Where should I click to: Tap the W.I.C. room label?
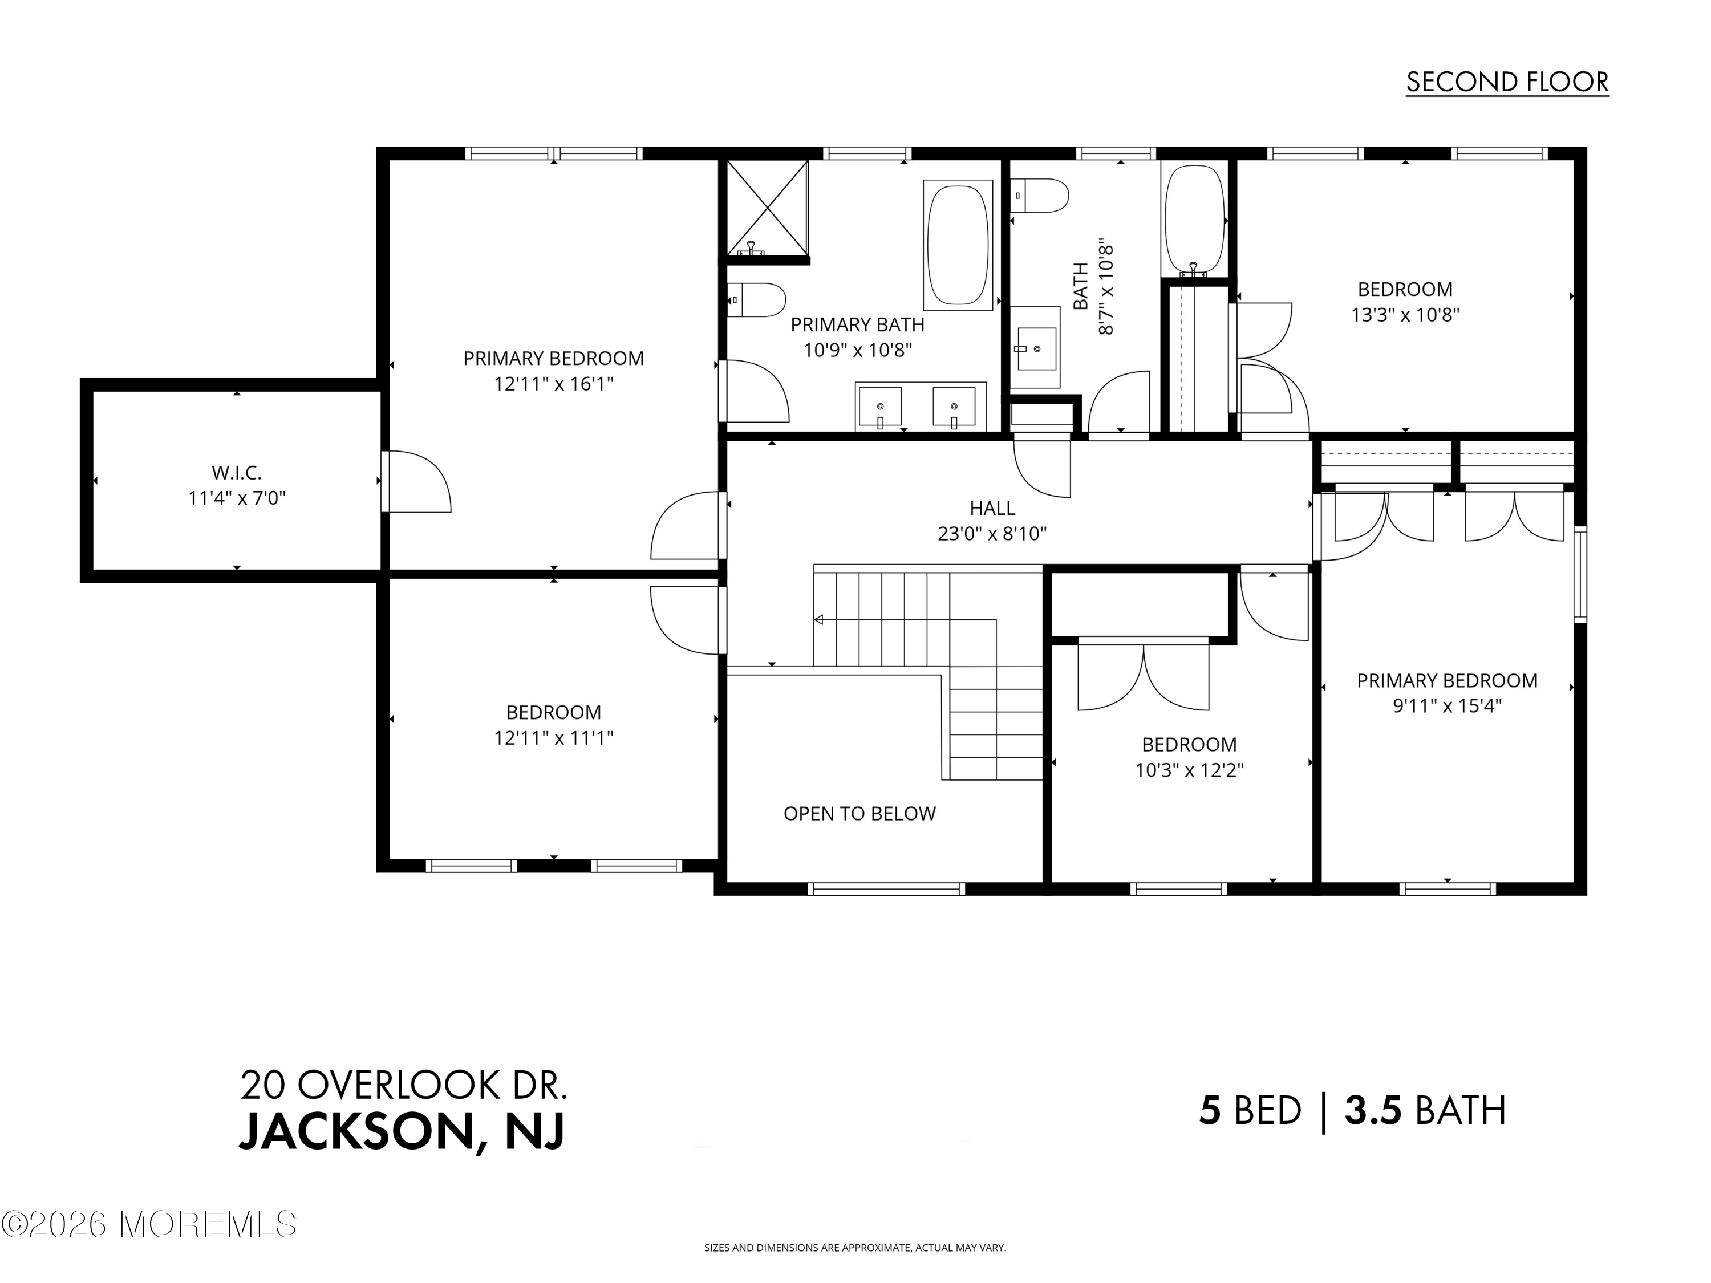(237, 472)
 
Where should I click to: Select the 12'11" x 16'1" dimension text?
(553, 384)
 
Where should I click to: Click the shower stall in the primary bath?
(767, 206)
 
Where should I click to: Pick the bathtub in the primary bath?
(958, 245)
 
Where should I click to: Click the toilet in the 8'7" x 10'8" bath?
(1040, 196)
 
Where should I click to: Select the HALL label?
(992, 508)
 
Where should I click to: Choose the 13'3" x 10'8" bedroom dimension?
(1405, 315)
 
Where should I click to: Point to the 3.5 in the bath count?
(1372, 1111)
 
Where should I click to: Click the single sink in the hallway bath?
(1035, 349)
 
